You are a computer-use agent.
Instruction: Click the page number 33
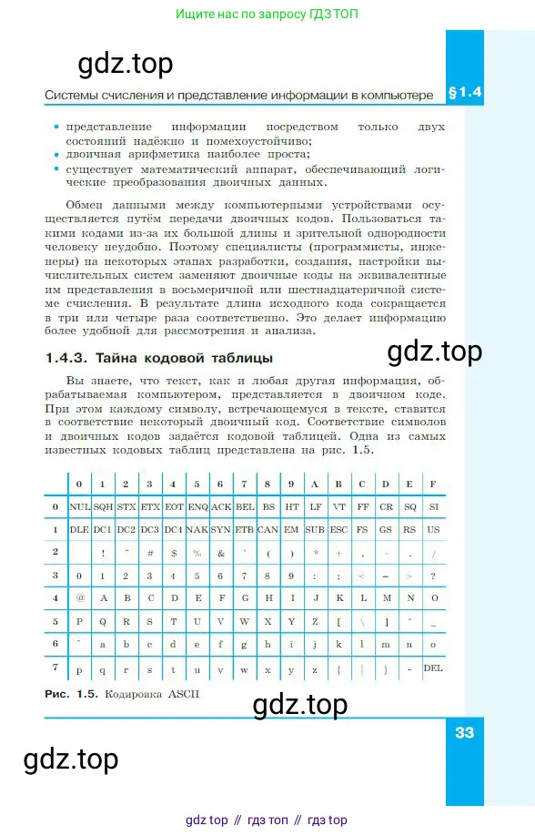[x=464, y=733]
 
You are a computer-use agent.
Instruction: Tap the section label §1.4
[x=464, y=93]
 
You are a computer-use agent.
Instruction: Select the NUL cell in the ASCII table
[x=80, y=506]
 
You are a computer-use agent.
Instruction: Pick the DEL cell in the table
[x=433, y=668]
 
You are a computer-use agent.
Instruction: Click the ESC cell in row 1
[x=338, y=529]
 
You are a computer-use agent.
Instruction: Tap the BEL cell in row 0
[x=245, y=506]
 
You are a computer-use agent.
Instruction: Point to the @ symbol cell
[x=80, y=598]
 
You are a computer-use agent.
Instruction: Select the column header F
[x=433, y=484]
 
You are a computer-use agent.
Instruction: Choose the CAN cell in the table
[x=268, y=529]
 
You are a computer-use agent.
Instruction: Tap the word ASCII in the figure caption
[x=179, y=693]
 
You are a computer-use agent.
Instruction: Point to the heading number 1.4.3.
[x=66, y=357]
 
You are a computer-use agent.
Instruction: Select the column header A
[x=315, y=484]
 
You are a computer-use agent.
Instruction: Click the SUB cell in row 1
[x=315, y=529]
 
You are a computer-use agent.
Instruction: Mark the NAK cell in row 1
[x=197, y=529]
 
